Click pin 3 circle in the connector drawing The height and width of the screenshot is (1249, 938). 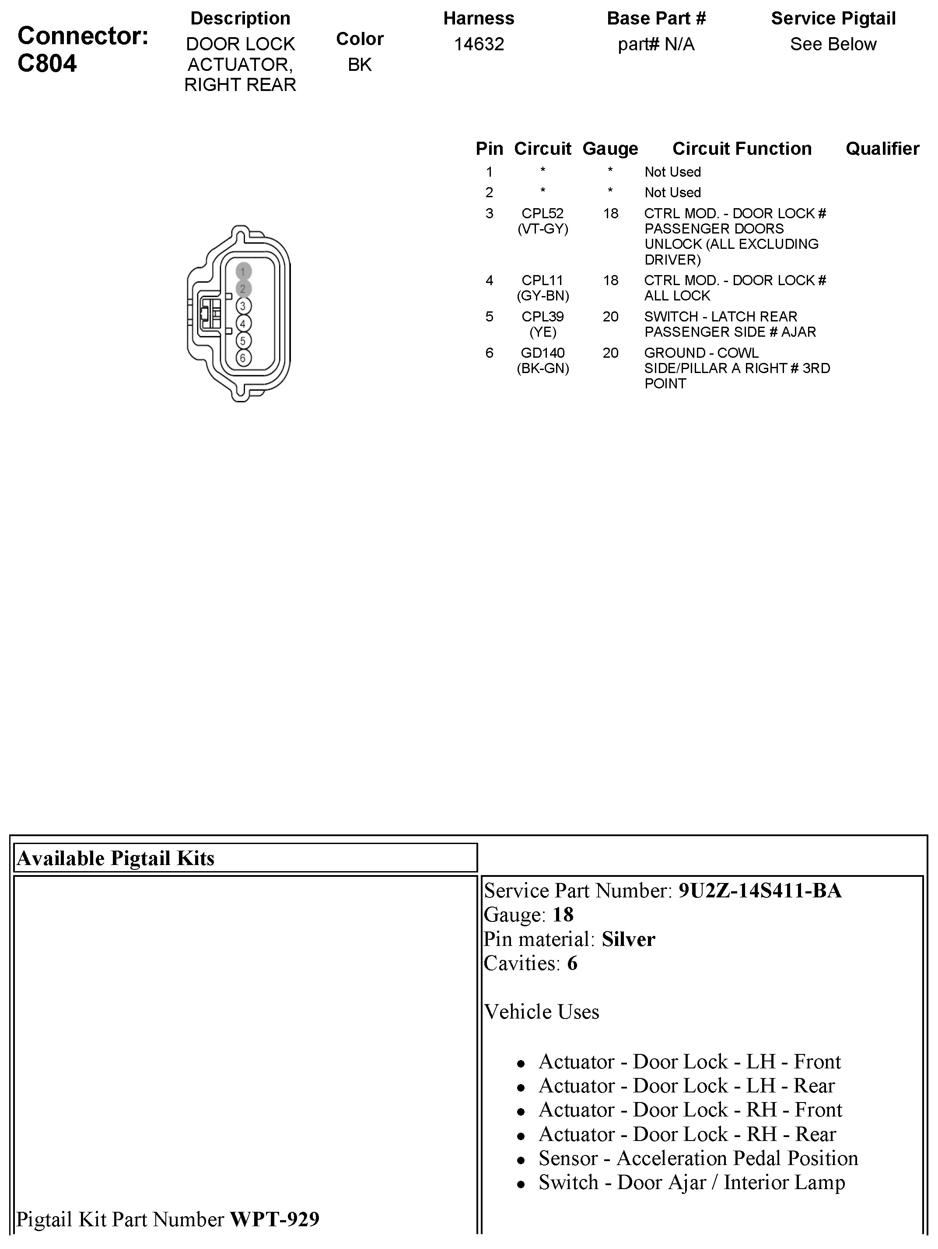click(243, 306)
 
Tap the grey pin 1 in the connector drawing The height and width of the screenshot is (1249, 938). click(243, 272)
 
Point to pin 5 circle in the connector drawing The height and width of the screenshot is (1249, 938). click(243, 341)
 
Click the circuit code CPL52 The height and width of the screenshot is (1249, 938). click(542, 213)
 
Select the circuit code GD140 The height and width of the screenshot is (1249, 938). click(542, 353)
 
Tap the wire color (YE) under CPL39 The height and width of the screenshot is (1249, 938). click(542, 332)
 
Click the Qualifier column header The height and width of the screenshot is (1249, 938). click(882, 149)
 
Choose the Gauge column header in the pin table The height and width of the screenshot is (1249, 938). click(610, 149)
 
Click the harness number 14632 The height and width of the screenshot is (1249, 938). click(479, 44)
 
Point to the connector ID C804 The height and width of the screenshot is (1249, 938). click(47, 63)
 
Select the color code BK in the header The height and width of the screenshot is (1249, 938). click(360, 65)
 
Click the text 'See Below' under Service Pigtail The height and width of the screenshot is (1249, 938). click(833, 44)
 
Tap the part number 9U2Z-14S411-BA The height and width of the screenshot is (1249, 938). click(759, 891)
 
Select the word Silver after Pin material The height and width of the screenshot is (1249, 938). click(628, 939)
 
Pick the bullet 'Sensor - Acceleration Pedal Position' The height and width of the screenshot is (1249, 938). click(698, 1158)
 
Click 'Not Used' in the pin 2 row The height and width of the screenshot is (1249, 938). click(672, 192)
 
